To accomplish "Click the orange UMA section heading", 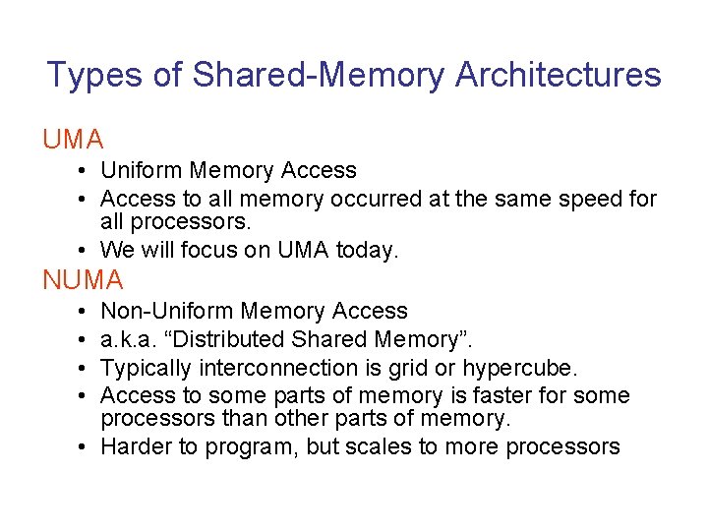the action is coord(73,140).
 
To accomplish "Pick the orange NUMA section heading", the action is coord(83,280).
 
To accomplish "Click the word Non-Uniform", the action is coord(167,311).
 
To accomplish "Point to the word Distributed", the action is coord(234,339).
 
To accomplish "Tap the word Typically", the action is coord(147,368).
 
